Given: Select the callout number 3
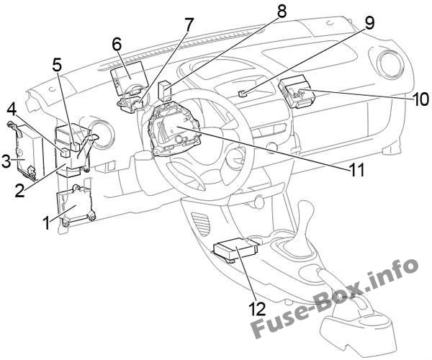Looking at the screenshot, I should click(x=6, y=161).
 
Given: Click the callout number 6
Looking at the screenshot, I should click(x=116, y=43).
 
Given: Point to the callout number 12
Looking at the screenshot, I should click(x=257, y=309).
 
